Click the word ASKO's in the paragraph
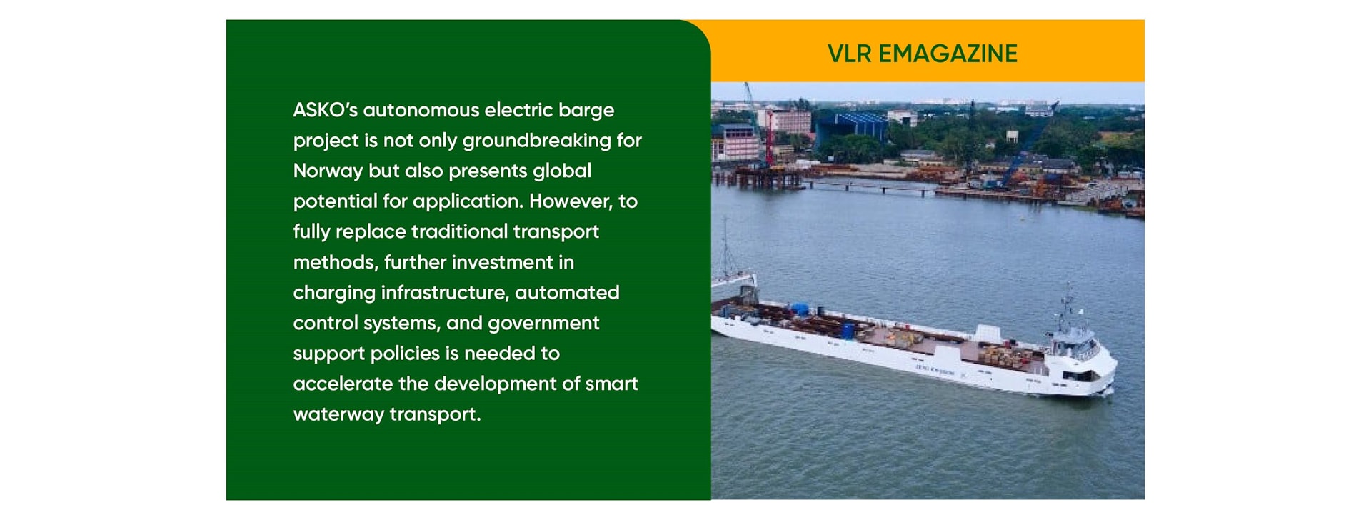325,110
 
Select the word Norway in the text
328,171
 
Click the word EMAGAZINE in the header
948,54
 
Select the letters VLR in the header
850,54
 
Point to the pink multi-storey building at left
735,141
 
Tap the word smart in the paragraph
612,384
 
